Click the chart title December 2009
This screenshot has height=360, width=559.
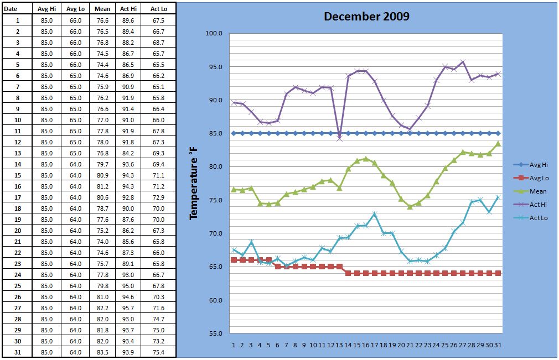[x=366, y=17]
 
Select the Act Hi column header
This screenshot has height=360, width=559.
[x=128, y=9]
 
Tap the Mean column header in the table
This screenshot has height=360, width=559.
[x=102, y=9]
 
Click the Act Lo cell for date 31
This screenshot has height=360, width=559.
[x=158, y=352]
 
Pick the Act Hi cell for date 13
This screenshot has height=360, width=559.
[x=128, y=153]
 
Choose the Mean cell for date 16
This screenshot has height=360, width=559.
[x=102, y=186]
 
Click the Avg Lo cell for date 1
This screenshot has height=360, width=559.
[x=75, y=20]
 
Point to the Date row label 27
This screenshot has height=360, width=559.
[x=18, y=308]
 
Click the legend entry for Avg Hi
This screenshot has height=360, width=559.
[x=531, y=164]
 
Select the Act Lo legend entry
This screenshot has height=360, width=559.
[x=531, y=217]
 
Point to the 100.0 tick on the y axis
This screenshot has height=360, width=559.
[x=214, y=34]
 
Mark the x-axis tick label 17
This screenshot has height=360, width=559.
[x=374, y=345]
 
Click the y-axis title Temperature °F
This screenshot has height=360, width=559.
[x=193, y=184]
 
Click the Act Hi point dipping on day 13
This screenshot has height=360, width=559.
[x=339, y=138]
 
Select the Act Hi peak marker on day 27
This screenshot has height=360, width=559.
[x=463, y=62]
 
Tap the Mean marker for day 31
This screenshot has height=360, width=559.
[x=498, y=143]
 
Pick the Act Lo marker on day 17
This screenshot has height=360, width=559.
[x=374, y=214]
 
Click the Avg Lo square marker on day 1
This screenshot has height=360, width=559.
[x=234, y=260]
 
